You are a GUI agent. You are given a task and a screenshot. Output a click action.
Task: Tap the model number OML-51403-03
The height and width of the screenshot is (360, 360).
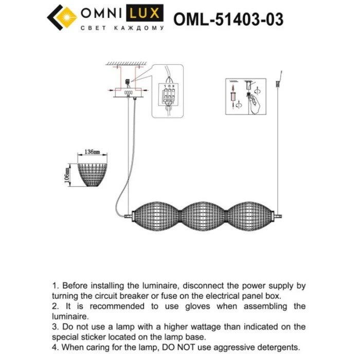[228, 19]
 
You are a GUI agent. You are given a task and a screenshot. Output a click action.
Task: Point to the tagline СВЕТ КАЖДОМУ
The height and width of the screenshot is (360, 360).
[123, 28]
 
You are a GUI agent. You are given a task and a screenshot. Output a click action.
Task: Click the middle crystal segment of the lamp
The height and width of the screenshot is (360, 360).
[205, 212]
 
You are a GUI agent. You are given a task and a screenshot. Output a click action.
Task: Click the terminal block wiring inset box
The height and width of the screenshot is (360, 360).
[168, 91]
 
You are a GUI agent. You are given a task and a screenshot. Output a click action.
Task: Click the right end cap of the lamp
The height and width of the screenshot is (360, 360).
[280, 213]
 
